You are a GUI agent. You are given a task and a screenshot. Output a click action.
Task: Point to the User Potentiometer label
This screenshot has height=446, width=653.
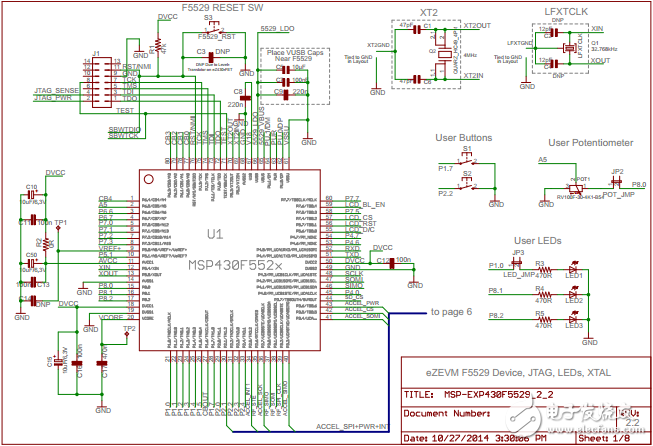[x=592, y=143]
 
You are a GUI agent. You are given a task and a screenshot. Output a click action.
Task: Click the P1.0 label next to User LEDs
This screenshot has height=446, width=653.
[x=496, y=265]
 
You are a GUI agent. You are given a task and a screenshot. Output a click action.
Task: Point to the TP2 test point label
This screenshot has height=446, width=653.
[x=129, y=328]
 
